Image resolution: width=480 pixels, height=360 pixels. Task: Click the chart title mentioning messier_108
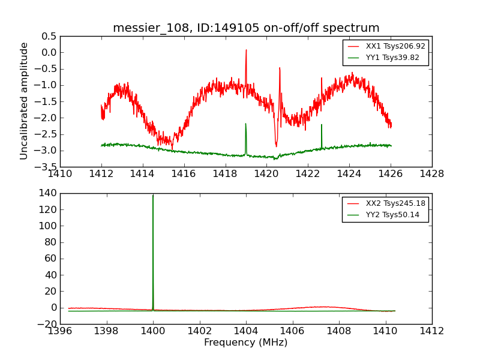tap(246, 28)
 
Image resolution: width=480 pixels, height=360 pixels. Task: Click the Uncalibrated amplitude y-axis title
tap(24, 101)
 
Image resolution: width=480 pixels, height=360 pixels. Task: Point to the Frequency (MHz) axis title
tap(246, 343)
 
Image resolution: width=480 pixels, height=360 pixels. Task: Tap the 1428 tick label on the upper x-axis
tap(432, 174)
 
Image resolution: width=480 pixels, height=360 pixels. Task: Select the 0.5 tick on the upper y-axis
tap(49, 36)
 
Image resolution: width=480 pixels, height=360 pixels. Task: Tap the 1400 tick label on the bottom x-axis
tap(153, 331)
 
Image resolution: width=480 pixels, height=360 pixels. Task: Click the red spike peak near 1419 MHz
tap(246, 50)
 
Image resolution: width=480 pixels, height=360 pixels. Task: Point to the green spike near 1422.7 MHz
tap(322, 125)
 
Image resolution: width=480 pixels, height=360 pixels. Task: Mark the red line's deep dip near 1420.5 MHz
tap(276, 146)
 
